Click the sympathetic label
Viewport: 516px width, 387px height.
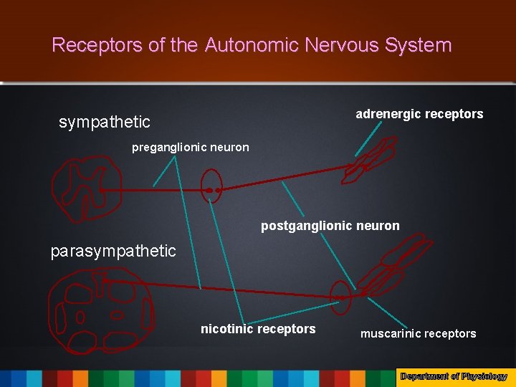tap(105, 122)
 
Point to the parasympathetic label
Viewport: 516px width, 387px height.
tap(113, 251)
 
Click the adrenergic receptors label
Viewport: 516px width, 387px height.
tap(419, 114)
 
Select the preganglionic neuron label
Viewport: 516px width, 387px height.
tap(191, 148)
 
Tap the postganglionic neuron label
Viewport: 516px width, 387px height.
tap(330, 226)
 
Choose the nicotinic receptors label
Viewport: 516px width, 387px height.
tap(258, 329)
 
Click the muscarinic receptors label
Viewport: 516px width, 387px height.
tap(418, 333)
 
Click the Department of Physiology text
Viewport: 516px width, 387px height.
tap(454, 376)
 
